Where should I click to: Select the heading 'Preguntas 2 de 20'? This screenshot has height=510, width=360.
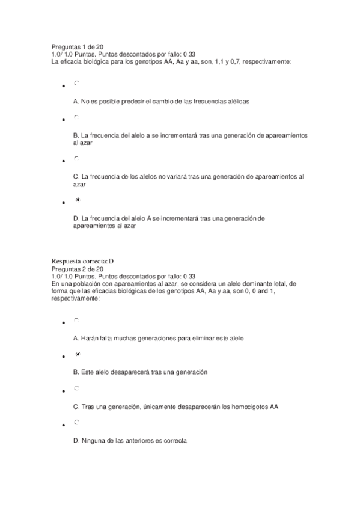pos(78,269)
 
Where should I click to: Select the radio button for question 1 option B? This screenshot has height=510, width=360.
pos(77,117)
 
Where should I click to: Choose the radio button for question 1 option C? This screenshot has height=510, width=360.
pos(77,158)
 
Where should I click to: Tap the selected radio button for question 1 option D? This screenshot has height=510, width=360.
pos(78,199)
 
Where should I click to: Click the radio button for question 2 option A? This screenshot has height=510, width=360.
pos(77,320)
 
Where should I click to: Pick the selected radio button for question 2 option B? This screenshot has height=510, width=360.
pos(78,354)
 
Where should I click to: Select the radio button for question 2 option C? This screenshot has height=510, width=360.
pos(77,389)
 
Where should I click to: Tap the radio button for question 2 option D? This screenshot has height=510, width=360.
pos(77,423)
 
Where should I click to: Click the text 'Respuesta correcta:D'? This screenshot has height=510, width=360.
pos(83,261)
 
